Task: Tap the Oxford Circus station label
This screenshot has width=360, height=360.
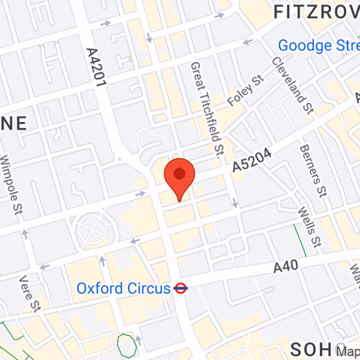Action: [x=123, y=288]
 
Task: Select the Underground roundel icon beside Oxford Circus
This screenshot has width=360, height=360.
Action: [x=180, y=288]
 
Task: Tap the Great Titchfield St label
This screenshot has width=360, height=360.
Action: [x=207, y=110]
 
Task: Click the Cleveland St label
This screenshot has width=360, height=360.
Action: [x=292, y=85]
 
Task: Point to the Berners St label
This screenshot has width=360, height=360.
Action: [x=312, y=171]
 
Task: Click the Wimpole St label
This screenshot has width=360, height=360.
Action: [x=13, y=184]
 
